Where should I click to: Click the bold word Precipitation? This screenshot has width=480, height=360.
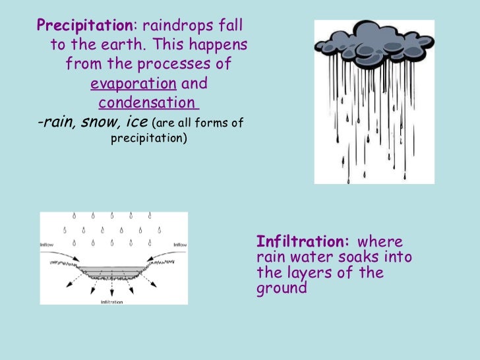click(85, 26)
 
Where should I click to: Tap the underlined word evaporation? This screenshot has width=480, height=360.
click(133, 84)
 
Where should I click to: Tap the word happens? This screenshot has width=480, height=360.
click(221, 45)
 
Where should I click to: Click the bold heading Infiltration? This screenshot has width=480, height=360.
click(303, 241)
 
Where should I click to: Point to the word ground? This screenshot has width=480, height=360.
click(282, 289)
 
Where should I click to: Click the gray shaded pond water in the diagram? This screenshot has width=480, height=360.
click(112, 270)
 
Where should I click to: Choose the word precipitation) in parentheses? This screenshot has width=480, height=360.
click(148, 139)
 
